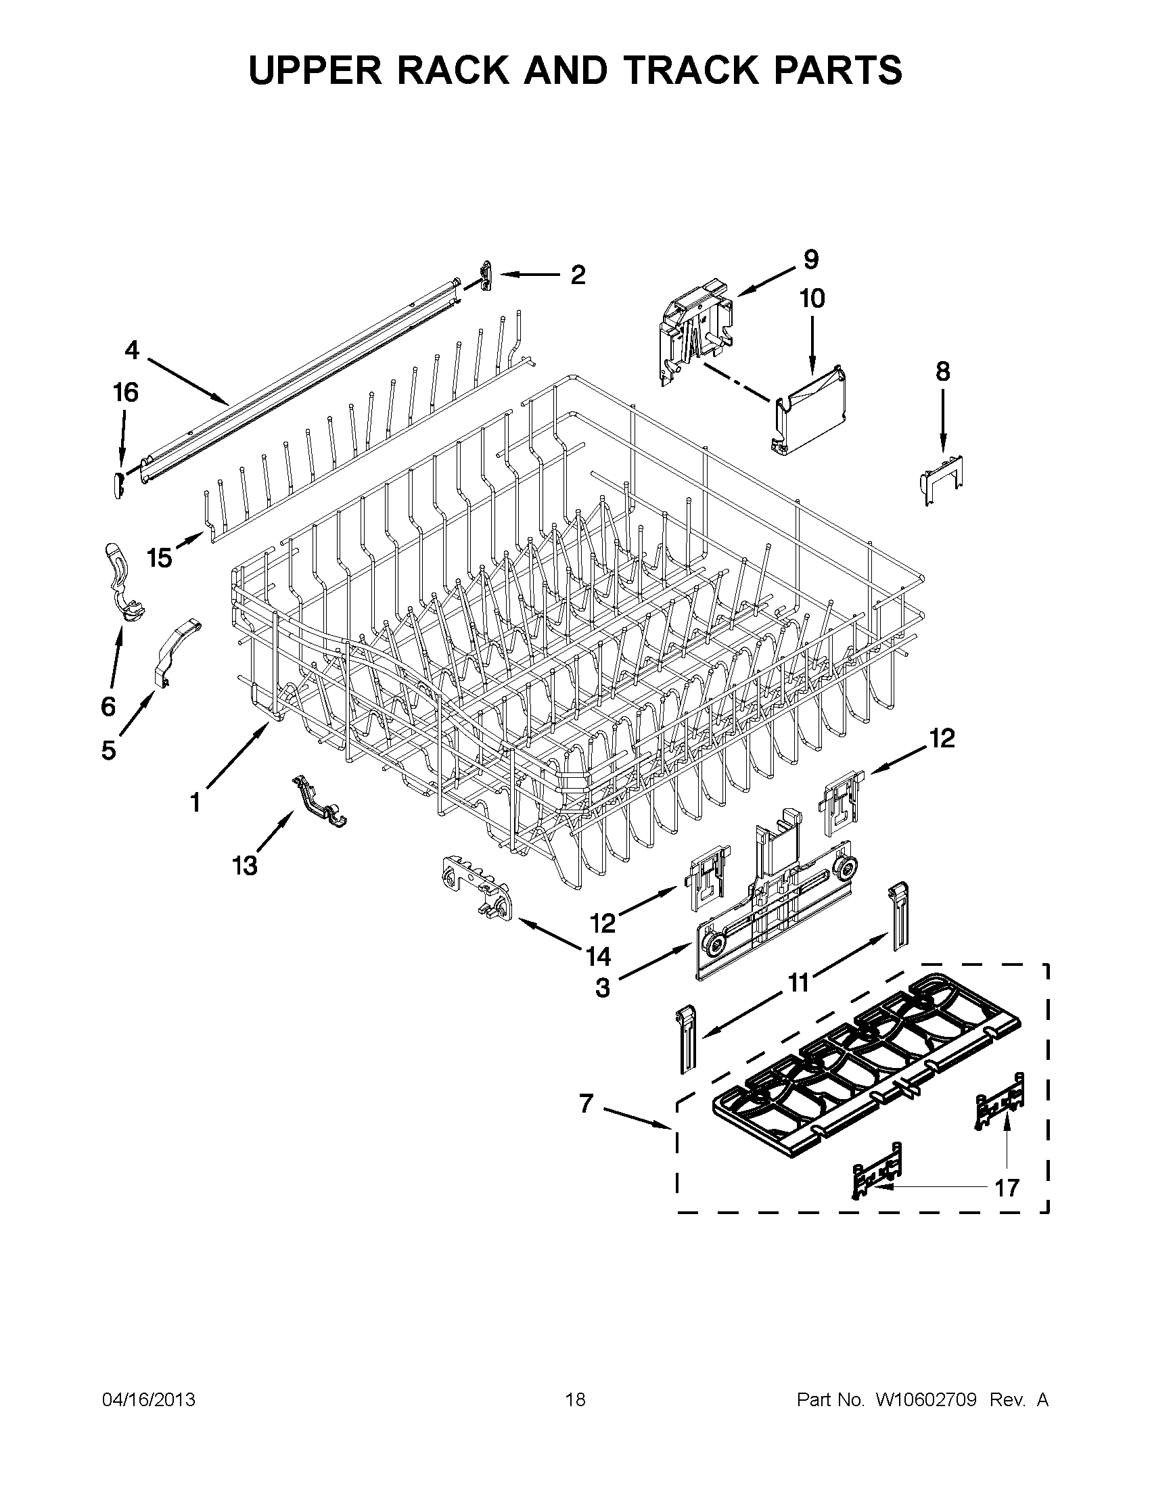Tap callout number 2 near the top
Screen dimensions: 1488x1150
(577, 275)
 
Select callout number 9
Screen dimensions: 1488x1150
(810, 259)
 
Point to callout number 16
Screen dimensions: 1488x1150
(126, 393)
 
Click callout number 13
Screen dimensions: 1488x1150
(245, 866)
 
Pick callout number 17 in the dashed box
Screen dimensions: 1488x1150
(1007, 1188)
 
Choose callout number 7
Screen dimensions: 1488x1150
(586, 1103)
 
